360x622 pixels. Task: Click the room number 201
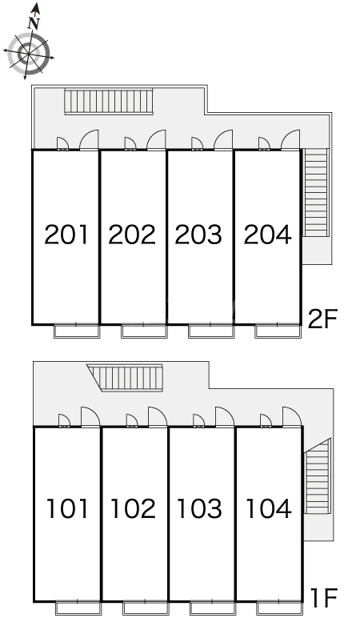(66, 235)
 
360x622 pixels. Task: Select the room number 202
(133, 235)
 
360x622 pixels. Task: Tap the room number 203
(199, 235)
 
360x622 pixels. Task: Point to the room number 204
(267, 235)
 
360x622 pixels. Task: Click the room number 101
(67, 508)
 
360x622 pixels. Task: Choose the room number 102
(134, 508)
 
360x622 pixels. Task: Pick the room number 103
(201, 508)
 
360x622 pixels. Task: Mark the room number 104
(269, 508)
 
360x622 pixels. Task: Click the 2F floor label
(324, 319)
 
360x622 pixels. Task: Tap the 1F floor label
(326, 596)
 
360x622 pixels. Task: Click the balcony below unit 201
(77, 330)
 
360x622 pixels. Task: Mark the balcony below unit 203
(210, 330)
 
